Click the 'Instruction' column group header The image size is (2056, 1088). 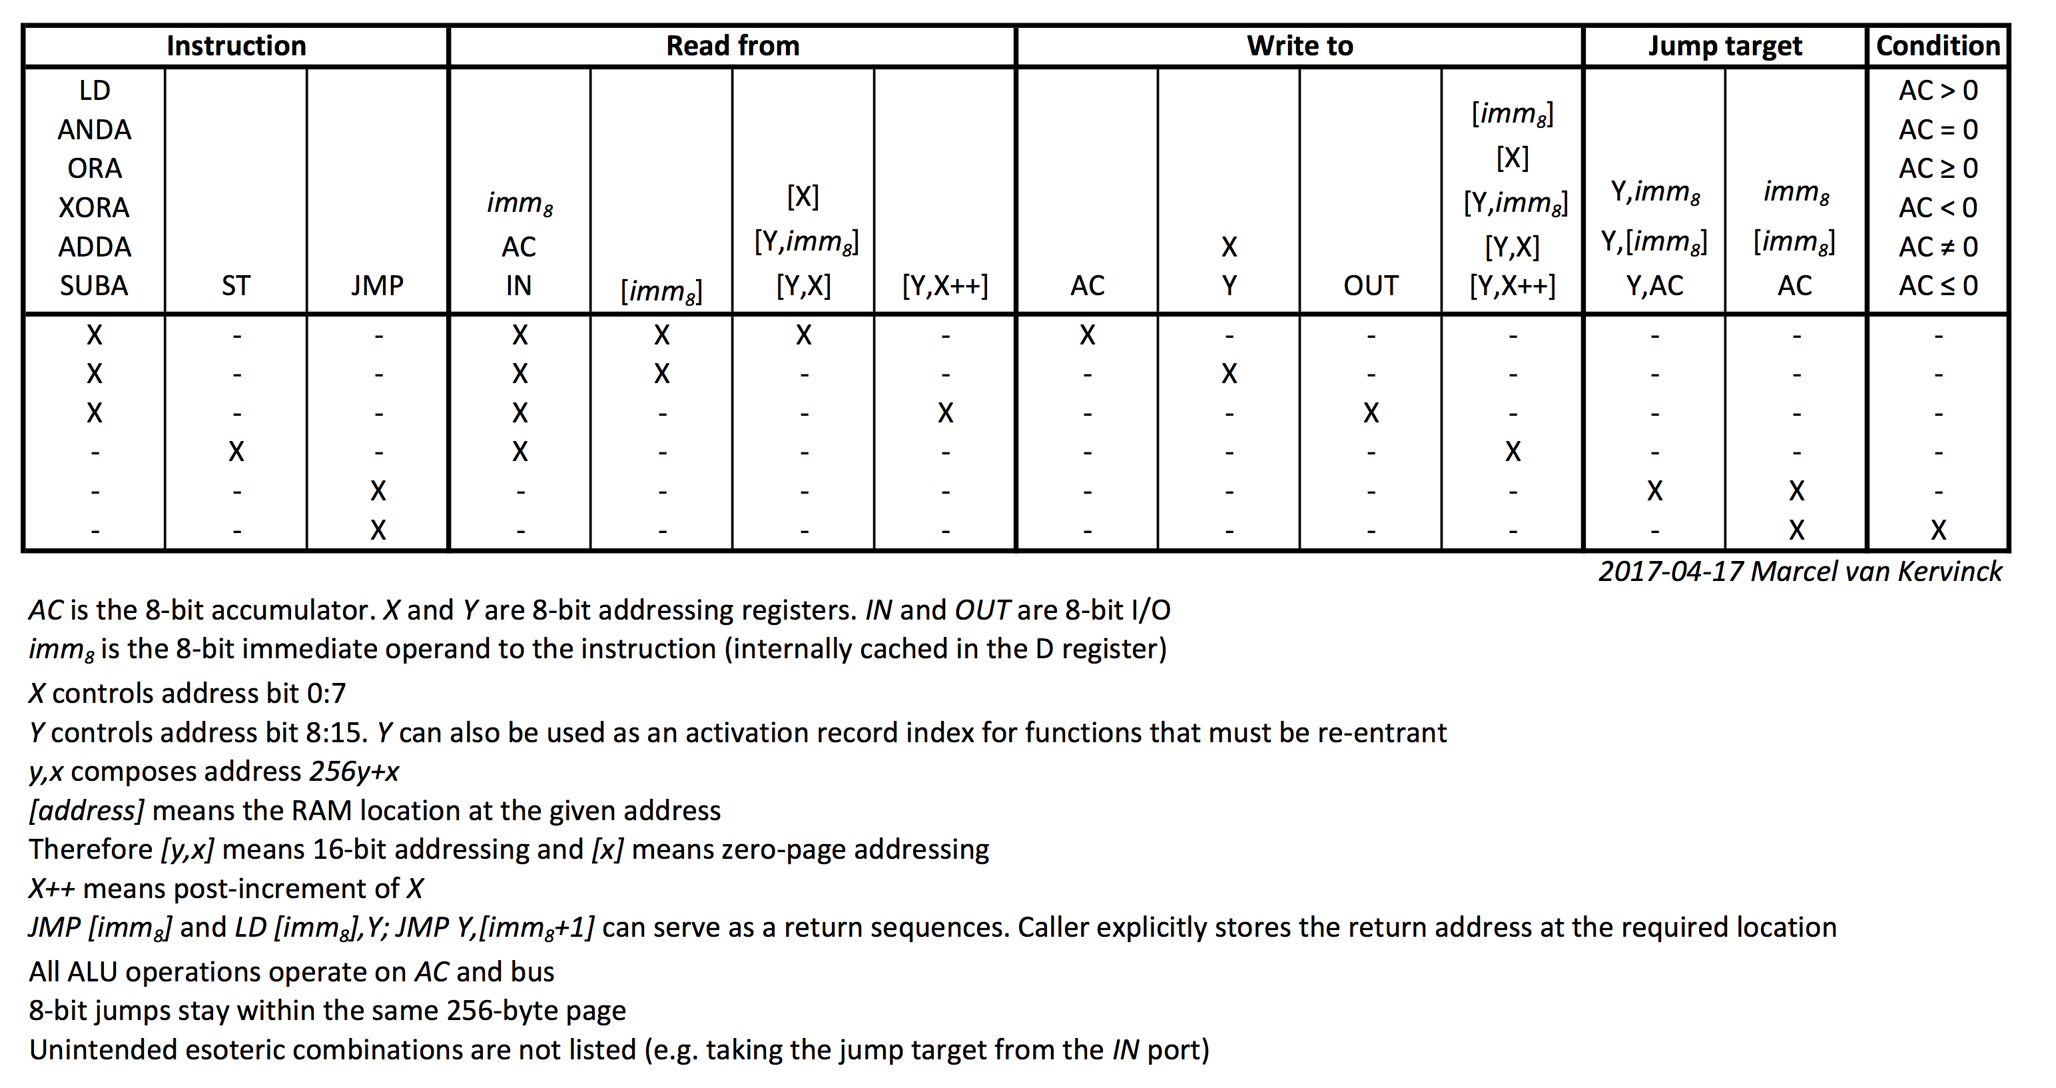tap(236, 45)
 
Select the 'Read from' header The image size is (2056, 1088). tap(733, 45)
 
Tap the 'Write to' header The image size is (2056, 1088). tap(1300, 45)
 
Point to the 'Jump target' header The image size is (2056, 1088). tap(1726, 46)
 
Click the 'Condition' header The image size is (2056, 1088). tap(1939, 45)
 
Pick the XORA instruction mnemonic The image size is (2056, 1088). tap(94, 208)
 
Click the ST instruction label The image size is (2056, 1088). tap(236, 286)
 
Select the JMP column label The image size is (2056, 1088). tap(378, 286)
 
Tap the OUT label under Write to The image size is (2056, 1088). tap(1371, 286)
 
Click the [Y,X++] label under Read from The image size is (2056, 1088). tap(945, 286)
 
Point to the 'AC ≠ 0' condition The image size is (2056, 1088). tap(1939, 247)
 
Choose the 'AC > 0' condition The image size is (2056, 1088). tap(1939, 90)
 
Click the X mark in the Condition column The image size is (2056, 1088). tap(1939, 530)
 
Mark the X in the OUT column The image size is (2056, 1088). tap(1371, 412)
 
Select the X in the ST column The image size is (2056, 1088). tap(236, 452)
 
